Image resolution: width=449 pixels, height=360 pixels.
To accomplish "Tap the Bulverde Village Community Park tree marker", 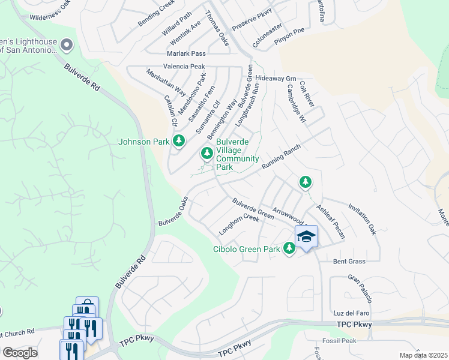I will (207, 154).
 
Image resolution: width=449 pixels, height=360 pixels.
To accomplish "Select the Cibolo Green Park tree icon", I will (289, 247).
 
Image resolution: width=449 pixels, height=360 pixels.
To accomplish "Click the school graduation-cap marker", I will (306, 237).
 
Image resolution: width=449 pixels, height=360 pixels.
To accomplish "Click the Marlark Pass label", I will (187, 53).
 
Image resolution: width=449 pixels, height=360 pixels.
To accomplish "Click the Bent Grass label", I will (349, 262).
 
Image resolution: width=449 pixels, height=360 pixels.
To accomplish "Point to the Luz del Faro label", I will (352, 314).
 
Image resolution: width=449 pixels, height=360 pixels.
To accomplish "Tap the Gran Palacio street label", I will (361, 289).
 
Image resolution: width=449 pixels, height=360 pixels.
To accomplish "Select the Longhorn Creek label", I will (239, 225).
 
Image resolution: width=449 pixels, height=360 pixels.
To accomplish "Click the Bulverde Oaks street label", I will (173, 211).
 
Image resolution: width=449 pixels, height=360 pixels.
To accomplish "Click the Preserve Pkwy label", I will (252, 19).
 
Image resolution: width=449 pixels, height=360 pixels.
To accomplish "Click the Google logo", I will (20, 353).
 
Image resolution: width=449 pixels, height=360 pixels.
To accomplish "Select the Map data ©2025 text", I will (423, 355).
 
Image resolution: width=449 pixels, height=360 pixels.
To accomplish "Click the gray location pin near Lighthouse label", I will (67, 45).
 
